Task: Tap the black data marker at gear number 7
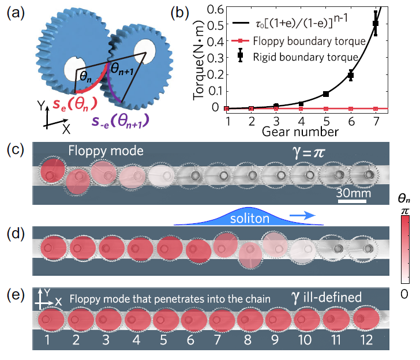pos(376,23)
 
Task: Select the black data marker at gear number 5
pos(326,93)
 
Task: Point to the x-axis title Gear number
pos(300,132)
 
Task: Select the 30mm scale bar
pos(353,194)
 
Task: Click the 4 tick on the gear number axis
pos(301,120)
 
